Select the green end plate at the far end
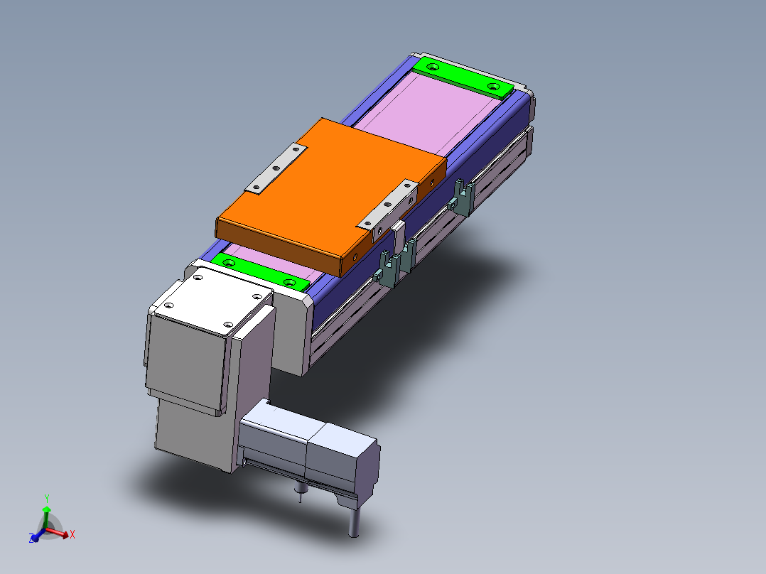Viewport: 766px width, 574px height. [x=463, y=77]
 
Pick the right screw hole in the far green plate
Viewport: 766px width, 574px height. [x=494, y=87]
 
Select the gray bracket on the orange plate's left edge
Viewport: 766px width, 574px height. [x=276, y=169]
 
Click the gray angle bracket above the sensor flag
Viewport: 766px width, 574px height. [x=388, y=206]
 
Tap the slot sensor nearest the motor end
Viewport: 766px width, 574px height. [x=387, y=269]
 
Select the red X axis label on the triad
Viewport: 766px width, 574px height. [x=72, y=534]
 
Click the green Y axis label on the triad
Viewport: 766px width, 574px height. [x=46, y=498]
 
